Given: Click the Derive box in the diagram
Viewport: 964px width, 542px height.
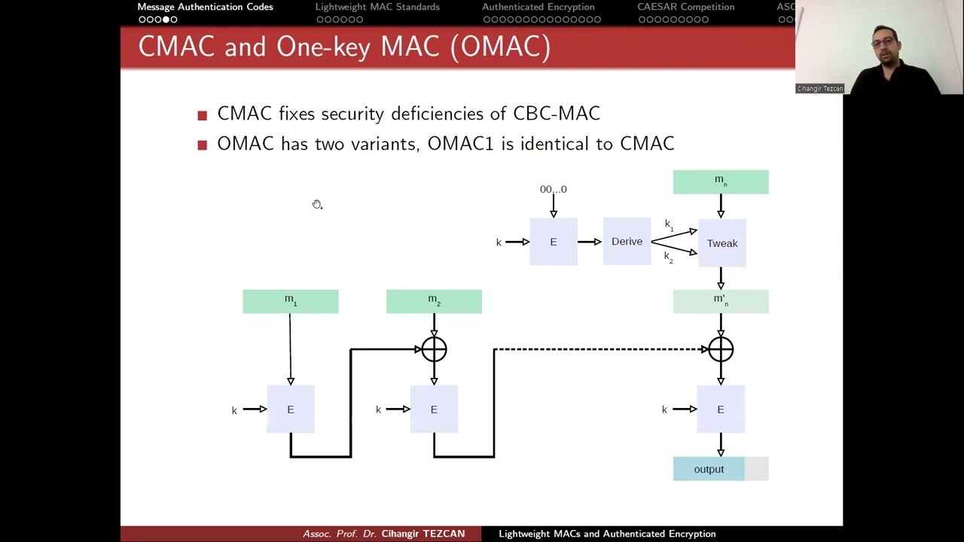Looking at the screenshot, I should click(627, 242).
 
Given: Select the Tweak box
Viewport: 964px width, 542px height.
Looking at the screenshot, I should click(721, 243).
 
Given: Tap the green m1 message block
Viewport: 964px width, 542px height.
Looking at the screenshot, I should click(291, 301).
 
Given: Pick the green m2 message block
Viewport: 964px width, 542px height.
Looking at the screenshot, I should click(434, 301).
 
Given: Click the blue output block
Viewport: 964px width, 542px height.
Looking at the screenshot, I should click(709, 469).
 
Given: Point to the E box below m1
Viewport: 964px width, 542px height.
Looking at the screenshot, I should click(291, 410).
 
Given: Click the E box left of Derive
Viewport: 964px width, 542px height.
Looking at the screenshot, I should click(554, 242).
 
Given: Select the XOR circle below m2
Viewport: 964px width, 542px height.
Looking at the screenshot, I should click(434, 349).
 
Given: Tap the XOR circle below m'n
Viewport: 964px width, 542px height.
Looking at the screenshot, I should click(721, 349).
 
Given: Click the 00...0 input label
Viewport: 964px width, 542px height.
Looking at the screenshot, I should click(553, 190).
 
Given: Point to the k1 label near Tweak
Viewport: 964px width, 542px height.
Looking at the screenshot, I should click(669, 224).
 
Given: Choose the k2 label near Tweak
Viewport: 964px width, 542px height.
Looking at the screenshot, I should click(669, 257).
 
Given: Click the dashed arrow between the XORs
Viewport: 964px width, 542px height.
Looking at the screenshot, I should click(599, 349).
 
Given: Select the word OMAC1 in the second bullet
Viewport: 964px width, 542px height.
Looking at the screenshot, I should click(460, 144).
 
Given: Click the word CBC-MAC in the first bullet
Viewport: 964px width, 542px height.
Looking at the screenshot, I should click(557, 114).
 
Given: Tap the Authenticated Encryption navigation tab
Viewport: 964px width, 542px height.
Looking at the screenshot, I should click(538, 8).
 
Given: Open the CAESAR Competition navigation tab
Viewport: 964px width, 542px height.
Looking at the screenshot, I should click(685, 8).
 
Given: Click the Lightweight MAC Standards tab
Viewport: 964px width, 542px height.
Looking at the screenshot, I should click(377, 8).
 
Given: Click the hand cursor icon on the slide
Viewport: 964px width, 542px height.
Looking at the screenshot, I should click(317, 205).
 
